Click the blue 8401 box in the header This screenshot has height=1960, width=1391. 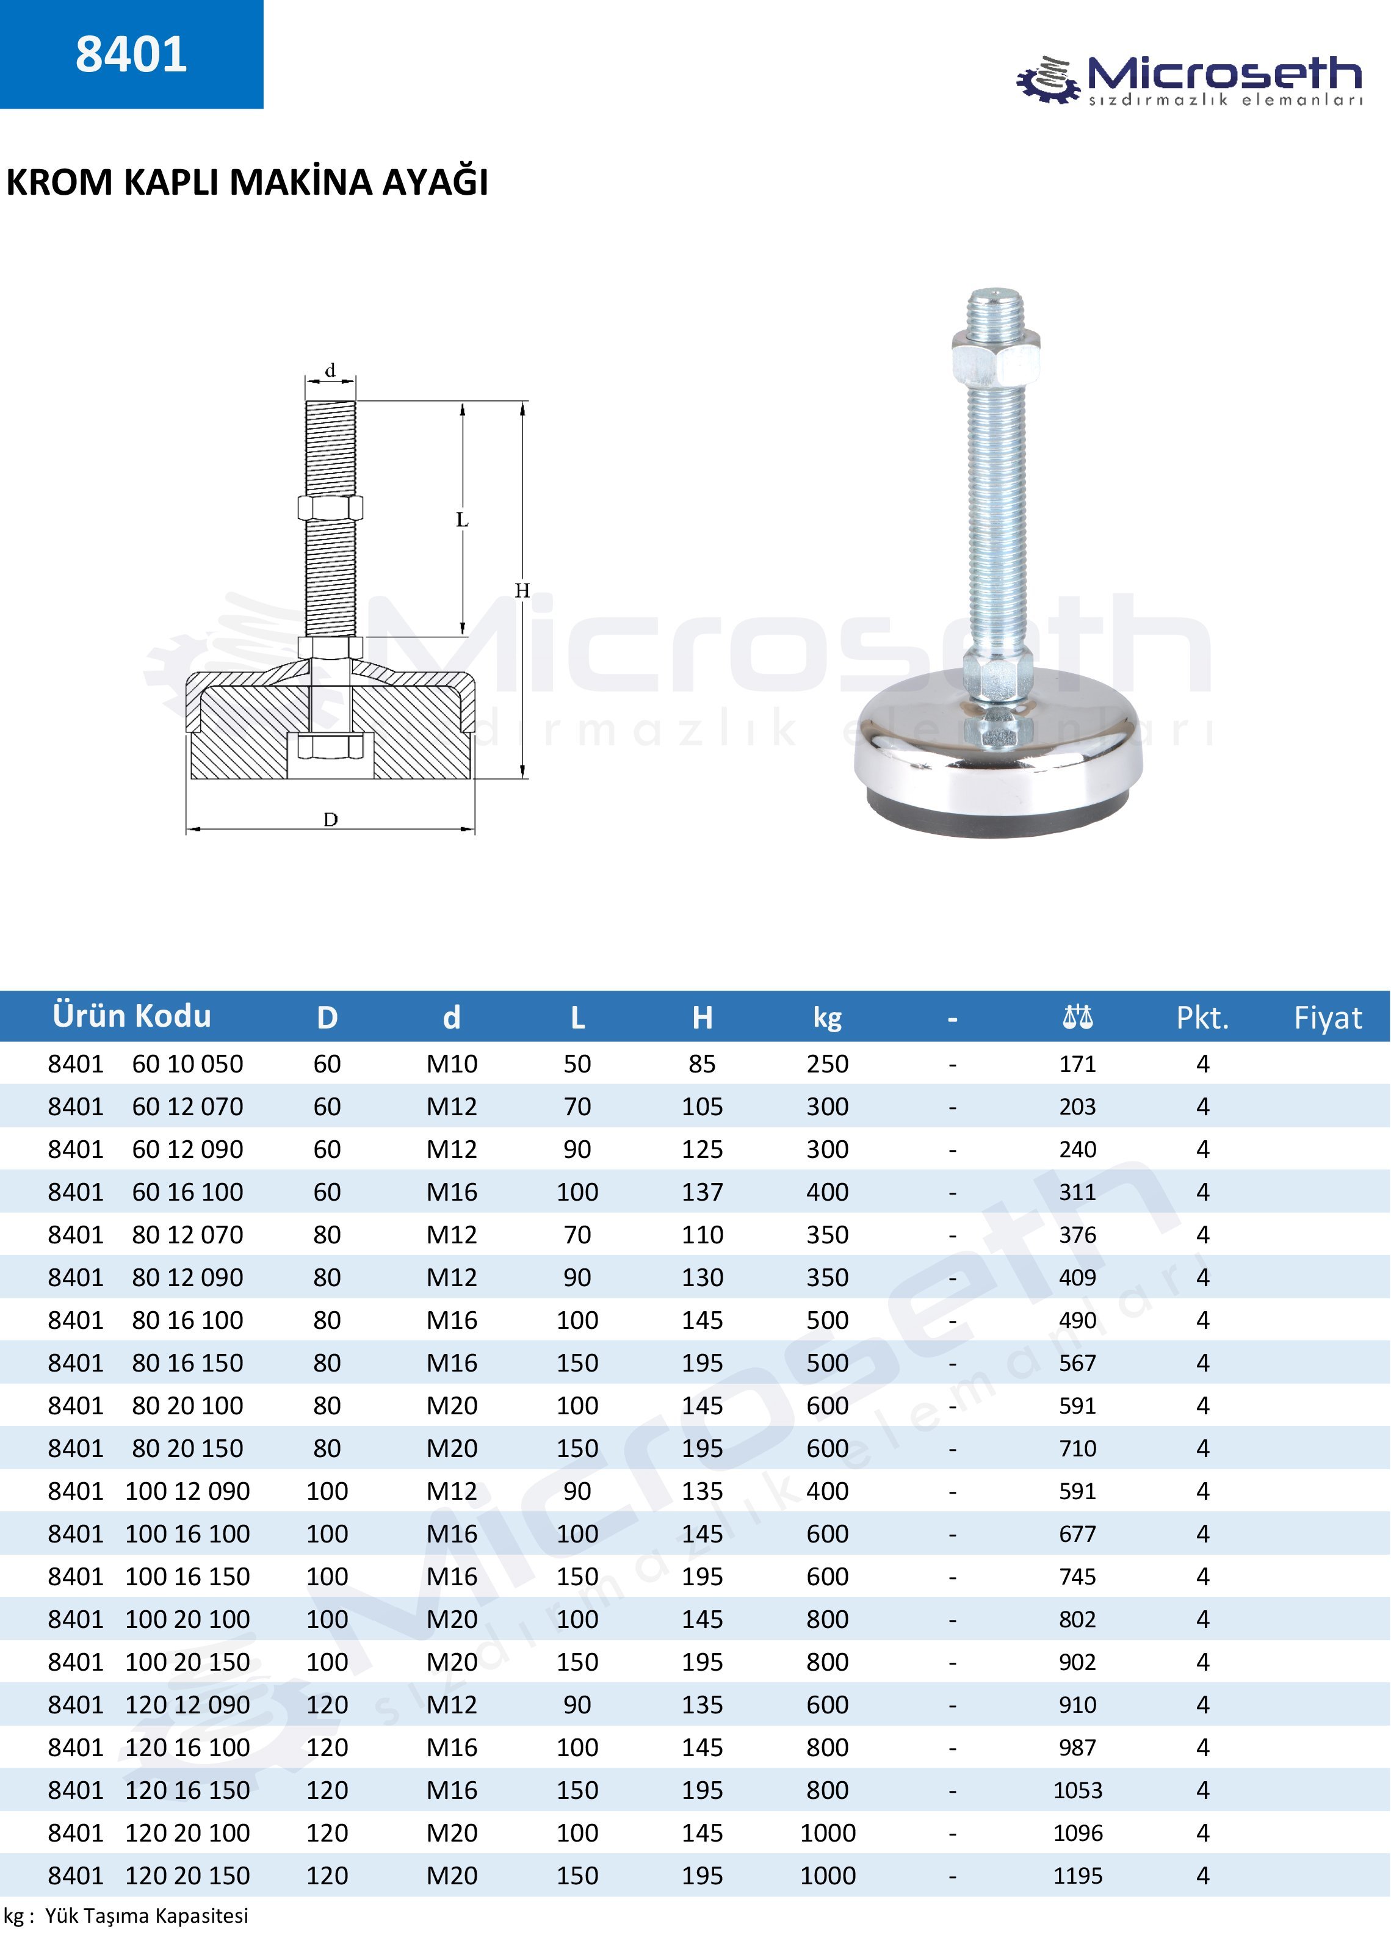coord(131,54)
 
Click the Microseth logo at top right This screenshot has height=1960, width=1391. coord(1189,80)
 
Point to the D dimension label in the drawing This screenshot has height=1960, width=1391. coord(331,819)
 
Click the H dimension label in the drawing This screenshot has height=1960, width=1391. coord(522,590)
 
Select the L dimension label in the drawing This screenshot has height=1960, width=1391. coord(461,520)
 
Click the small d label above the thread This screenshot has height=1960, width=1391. coord(330,371)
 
